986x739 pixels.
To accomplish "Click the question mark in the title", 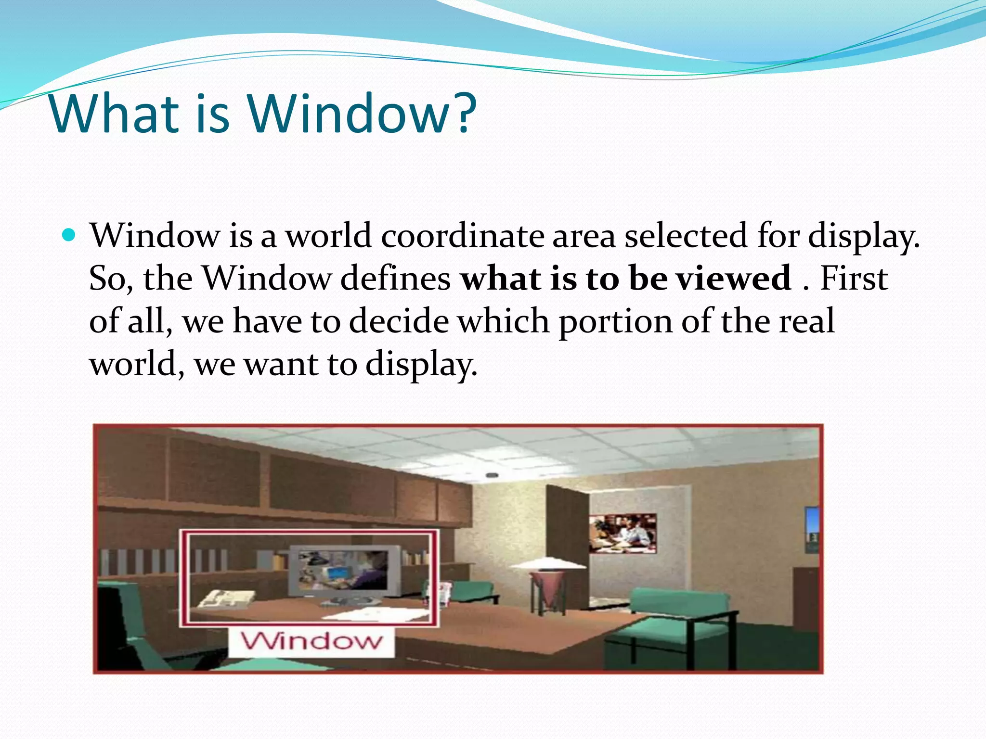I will [x=464, y=114].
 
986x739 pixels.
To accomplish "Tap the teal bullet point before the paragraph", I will [x=69, y=235].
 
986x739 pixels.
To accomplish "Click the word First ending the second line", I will [x=853, y=278].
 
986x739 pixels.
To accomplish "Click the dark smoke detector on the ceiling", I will [x=491, y=475].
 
